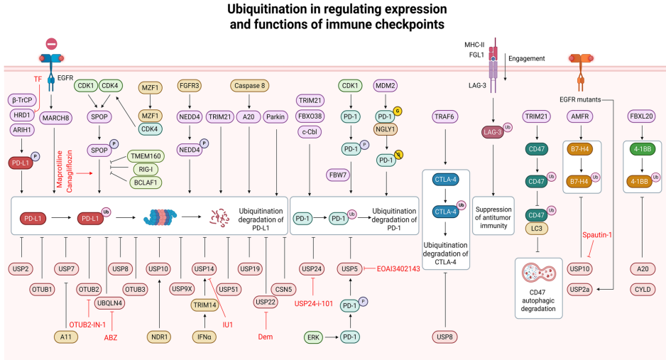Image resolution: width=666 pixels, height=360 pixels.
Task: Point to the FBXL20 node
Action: tap(640, 116)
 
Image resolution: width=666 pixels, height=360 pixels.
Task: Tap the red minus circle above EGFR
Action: tap(52, 45)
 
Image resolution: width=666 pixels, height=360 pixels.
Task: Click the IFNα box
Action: tap(204, 337)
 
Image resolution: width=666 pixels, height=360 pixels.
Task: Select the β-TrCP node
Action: tap(24, 99)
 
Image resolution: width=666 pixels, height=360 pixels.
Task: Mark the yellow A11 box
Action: tap(67, 337)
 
